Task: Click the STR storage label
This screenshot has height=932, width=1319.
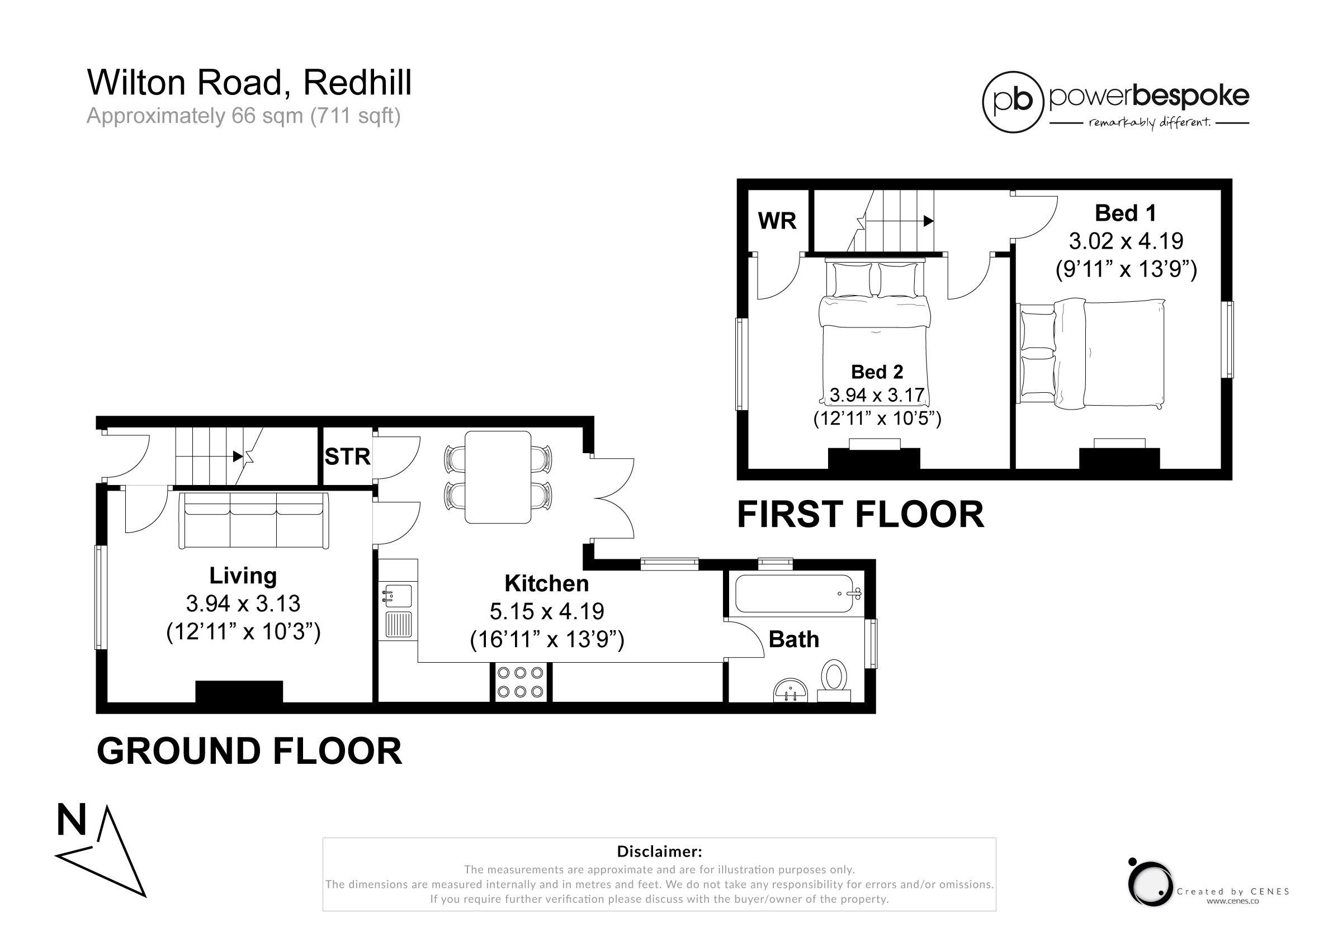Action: point(347,457)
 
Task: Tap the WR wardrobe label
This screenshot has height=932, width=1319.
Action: point(777,221)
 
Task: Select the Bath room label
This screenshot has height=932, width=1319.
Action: point(793,640)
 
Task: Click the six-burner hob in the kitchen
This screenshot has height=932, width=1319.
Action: point(521,682)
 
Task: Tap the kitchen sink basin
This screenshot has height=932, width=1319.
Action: point(397,596)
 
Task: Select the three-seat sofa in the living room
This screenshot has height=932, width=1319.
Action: point(253,520)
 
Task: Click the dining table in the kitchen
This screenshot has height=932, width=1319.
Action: point(498,477)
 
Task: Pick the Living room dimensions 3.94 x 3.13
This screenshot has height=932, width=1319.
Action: point(243,603)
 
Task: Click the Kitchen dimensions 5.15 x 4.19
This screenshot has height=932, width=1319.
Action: point(546,612)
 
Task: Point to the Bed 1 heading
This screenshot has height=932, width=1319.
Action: point(1125,213)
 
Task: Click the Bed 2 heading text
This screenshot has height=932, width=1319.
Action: point(877,372)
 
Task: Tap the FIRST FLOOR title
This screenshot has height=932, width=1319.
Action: point(861,515)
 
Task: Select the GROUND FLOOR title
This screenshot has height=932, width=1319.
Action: point(249,751)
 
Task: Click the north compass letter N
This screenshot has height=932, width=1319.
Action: point(71,820)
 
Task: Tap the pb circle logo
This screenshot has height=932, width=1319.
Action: point(1012,102)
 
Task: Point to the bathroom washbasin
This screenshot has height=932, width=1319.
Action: point(791,691)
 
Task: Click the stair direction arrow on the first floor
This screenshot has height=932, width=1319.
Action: point(900,221)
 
